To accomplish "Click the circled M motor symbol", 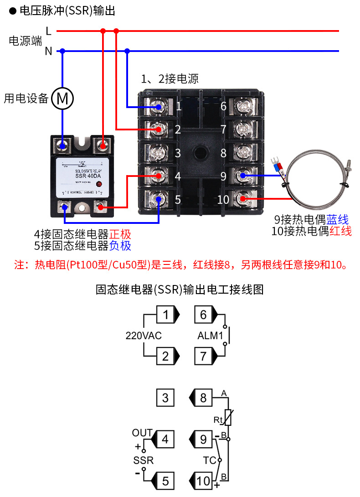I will click(x=62, y=98).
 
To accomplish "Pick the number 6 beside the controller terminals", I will click(x=223, y=107).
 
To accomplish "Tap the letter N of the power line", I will click(x=48, y=52).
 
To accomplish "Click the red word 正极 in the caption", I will click(x=120, y=234).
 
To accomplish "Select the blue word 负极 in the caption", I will click(x=120, y=246).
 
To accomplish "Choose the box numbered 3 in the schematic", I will click(x=165, y=398).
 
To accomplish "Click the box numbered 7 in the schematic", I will click(x=203, y=356).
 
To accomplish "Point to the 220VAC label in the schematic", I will click(x=144, y=336).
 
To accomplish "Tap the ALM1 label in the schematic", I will click(x=210, y=336).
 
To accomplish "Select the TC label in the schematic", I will click(x=209, y=461).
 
